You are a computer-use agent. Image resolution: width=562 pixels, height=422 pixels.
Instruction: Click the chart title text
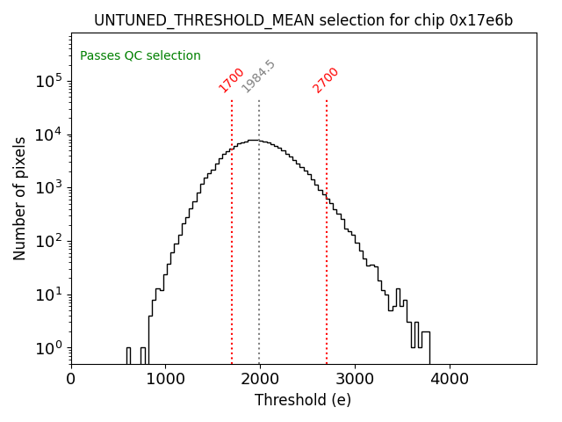click(303, 20)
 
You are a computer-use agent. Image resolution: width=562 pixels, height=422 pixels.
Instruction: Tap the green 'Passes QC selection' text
click(140, 56)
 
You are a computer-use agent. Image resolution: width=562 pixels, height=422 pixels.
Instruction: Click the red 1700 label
click(232, 80)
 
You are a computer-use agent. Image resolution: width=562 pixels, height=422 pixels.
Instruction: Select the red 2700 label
click(326, 80)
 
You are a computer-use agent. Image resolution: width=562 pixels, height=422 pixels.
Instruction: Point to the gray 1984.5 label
click(258, 76)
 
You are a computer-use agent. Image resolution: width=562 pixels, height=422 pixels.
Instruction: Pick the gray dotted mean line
click(259, 264)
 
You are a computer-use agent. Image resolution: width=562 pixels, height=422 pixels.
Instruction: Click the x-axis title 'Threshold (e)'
click(303, 400)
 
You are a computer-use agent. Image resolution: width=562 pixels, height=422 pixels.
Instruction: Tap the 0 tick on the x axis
click(71, 380)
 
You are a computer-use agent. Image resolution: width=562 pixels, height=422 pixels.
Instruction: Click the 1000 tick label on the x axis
click(165, 380)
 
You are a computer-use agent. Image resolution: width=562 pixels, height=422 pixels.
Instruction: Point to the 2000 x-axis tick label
click(260, 380)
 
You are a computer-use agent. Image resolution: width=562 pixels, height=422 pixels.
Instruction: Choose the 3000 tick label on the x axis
click(355, 380)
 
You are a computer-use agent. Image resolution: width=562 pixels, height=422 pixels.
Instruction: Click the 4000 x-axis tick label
click(450, 380)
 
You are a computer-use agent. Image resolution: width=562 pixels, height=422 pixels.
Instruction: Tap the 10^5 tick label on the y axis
click(48, 81)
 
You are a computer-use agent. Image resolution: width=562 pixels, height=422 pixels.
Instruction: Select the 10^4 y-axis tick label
click(48, 135)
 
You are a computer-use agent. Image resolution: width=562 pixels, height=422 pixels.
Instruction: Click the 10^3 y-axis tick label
click(48, 188)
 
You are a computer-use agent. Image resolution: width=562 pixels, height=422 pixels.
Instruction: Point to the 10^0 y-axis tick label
click(48, 348)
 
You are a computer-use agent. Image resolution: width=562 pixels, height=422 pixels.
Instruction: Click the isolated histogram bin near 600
click(128, 355)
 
